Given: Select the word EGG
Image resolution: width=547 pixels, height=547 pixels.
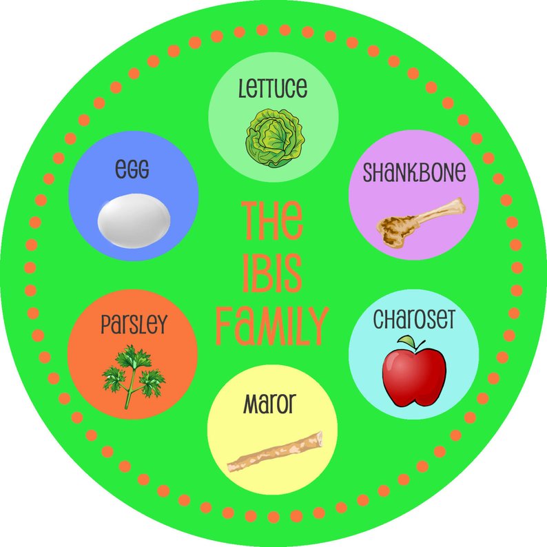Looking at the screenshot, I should [133, 169].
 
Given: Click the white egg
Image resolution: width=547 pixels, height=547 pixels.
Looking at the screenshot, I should [134, 218].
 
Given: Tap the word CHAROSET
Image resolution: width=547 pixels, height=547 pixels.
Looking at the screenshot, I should [415, 320].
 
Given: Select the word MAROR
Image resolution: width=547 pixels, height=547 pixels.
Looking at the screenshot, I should [272, 404].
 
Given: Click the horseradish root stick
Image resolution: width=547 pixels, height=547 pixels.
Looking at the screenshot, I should [275, 453].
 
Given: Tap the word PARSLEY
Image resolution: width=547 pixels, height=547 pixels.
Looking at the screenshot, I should [133, 324].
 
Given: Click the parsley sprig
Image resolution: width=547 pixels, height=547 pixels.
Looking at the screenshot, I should [133, 375].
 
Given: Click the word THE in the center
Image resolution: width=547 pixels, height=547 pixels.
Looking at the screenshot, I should [271, 220].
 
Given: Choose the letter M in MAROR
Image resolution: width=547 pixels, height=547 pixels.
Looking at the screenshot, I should [251, 404].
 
